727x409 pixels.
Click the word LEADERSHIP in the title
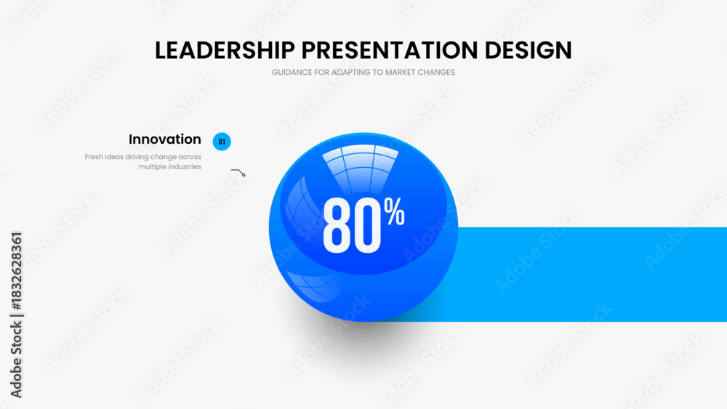click(225, 50)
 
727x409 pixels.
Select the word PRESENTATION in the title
click(390, 50)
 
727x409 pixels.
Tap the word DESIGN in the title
click(528, 50)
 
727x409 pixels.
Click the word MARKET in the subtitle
click(400, 72)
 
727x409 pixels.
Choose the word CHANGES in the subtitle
click(436, 72)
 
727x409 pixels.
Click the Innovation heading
click(165, 139)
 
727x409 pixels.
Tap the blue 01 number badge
click(222, 142)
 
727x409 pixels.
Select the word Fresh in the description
click(94, 157)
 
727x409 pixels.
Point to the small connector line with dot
click(238, 172)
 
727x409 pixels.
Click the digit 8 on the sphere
click(337, 226)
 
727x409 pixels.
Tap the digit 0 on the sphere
click(367, 226)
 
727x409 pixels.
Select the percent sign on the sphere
click(394, 211)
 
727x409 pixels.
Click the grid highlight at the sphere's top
click(361, 168)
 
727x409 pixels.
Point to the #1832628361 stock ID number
click(16, 272)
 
